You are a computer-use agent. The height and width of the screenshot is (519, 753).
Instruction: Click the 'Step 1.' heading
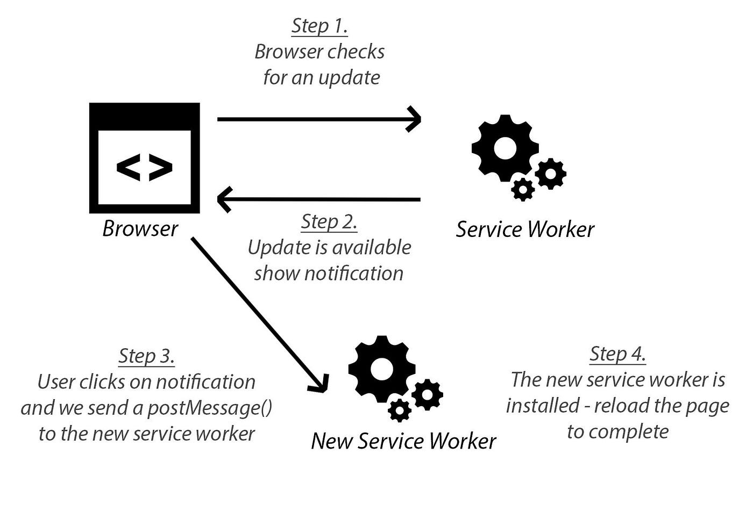[319, 26]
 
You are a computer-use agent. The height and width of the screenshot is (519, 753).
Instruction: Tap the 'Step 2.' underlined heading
[329, 221]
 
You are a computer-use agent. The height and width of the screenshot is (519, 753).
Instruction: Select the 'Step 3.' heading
[146, 356]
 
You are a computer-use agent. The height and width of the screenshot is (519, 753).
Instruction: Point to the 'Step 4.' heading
[617, 354]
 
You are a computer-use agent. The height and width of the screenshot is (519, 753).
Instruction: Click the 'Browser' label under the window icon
[140, 229]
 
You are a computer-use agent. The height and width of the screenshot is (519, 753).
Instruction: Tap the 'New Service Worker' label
[403, 441]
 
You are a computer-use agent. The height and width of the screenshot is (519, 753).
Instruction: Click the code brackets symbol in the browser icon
[144, 167]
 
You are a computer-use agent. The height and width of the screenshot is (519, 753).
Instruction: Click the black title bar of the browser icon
[144, 115]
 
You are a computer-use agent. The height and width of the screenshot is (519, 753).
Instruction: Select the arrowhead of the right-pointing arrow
[415, 119]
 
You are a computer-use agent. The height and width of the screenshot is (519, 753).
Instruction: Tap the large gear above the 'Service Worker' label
[505, 148]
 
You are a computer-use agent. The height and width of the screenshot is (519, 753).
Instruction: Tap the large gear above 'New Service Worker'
[382, 369]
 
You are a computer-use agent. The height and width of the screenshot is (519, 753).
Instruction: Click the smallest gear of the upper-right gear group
[523, 189]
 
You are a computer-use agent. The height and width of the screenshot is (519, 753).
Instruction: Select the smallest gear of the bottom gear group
[400, 411]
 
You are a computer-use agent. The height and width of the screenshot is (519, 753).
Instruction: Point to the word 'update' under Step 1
[349, 77]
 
